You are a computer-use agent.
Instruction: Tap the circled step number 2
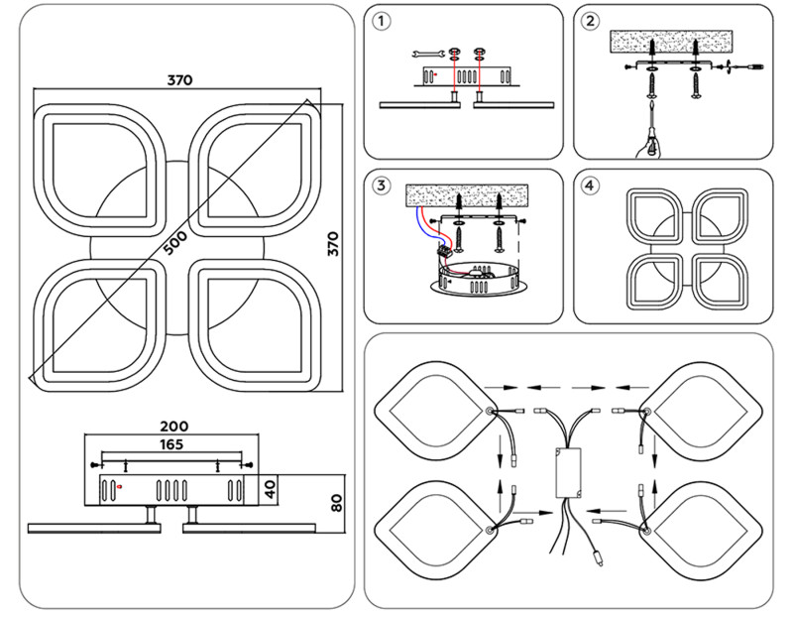pyautogui.click(x=592, y=20)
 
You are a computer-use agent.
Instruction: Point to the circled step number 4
pyautogui.click(x=592, y=185)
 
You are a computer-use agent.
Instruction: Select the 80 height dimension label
pyautogui.click(x=337, y=501)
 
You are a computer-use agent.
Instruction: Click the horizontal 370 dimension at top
pyautogui.click(x=178, y=79)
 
